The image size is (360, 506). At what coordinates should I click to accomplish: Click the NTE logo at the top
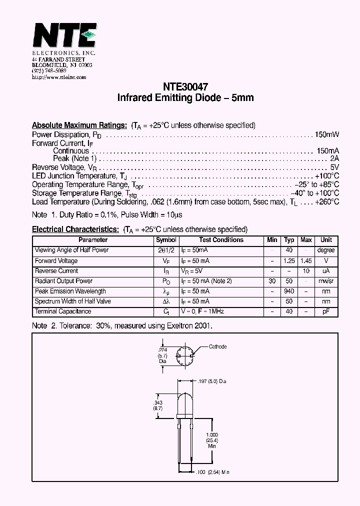point(64,36)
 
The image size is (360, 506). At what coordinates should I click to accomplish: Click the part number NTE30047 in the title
point(185,86)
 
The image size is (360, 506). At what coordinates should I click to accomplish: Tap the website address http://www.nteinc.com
point(59,77)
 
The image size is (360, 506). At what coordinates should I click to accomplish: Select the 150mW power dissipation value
point(327,134)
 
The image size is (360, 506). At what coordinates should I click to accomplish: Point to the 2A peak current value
point(334,159)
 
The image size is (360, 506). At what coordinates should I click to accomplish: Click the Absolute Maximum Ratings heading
point(79,125)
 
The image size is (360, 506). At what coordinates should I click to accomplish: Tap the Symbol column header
point(166,240)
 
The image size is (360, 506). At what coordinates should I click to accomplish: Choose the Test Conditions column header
point(221,240)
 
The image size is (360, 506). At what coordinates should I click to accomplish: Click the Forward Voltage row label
point(56,260)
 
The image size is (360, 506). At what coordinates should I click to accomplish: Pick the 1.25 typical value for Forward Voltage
point(289,260)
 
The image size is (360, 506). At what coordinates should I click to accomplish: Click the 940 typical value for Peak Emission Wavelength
point(289,291)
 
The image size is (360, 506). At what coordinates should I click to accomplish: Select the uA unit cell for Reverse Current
point(326,271)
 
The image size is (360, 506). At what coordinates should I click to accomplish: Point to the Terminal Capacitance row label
point(63,311)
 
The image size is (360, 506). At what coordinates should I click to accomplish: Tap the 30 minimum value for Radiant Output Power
point(272,281)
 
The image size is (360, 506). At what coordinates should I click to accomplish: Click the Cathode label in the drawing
point(217,346)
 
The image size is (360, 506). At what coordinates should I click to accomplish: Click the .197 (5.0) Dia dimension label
point(212,381)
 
